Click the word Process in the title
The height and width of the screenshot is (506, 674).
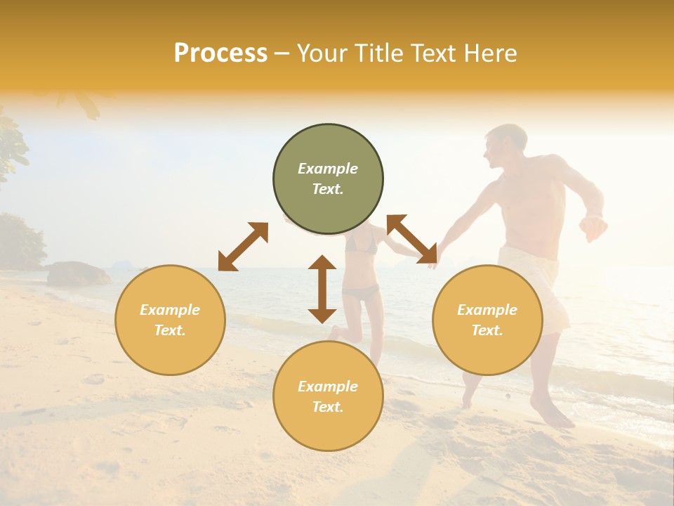point(220,53)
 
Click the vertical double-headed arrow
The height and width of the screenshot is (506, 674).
point(322,289)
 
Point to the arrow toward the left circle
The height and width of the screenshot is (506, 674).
point(243,247)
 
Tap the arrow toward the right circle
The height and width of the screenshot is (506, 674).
point(412,239)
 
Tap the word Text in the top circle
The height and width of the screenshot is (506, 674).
point(327,189)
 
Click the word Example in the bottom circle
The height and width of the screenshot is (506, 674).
point(328,387)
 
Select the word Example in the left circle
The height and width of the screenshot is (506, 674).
point(170,310)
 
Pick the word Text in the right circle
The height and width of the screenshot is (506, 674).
point(487,330)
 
